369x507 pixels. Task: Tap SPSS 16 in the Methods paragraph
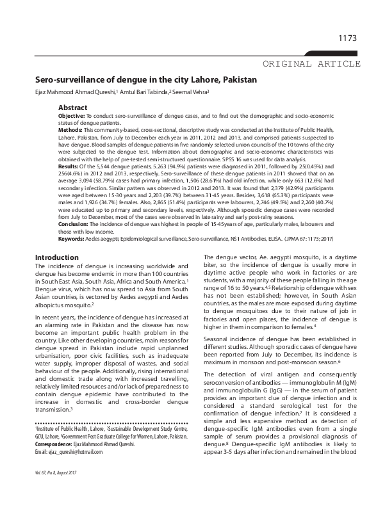pyautogui.click(x=258, y=171)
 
